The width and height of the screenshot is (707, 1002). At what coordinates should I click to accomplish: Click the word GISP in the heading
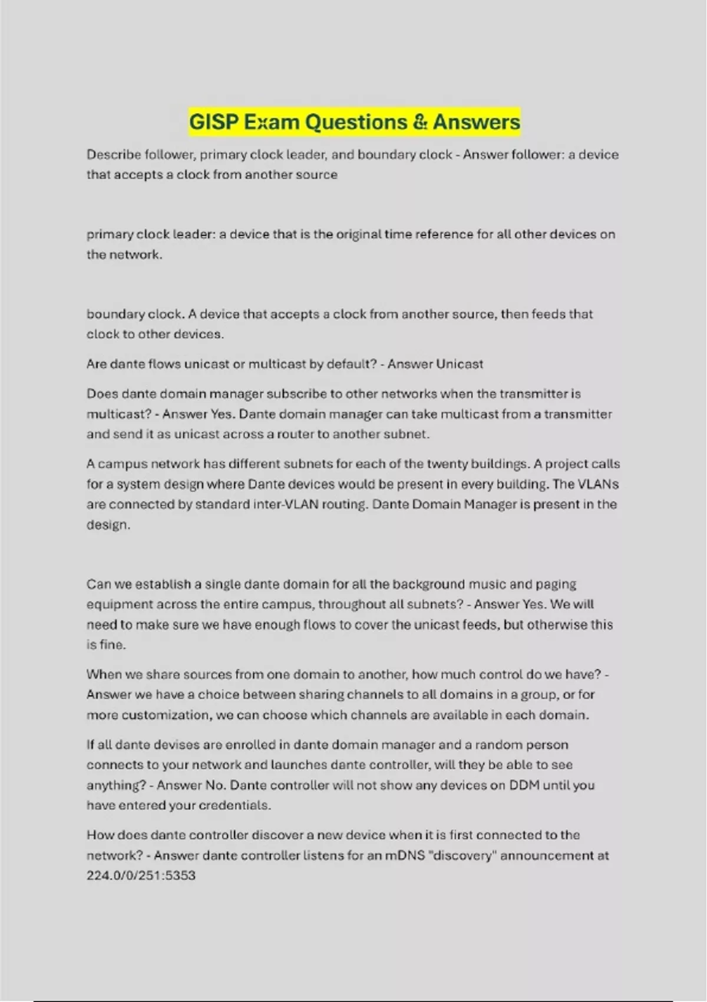tap(213, 122)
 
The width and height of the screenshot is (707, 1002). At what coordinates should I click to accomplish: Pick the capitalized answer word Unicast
tap(460, 364)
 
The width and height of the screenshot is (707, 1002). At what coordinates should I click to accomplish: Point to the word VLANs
tap(599, 484)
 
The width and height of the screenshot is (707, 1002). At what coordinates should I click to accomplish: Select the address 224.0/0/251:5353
tap(141, 875)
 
